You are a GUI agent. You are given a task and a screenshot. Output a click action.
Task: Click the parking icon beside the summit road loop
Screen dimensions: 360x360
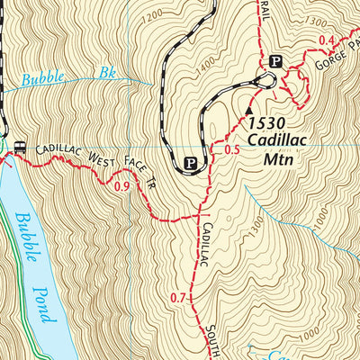pyautogui.click(x=276, y=61)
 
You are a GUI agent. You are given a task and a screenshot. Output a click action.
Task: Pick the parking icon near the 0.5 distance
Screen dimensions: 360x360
pyautogui.click(x=190, y=163)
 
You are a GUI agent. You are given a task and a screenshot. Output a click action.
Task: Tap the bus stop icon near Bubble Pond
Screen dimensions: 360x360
pyautogui.click(x=20, y=144)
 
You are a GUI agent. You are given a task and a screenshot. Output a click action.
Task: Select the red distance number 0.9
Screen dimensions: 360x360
pyautogui.click(x=123, y=187)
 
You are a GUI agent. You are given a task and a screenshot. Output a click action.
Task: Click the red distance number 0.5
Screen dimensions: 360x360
pyautogui.click(x=230, y=149)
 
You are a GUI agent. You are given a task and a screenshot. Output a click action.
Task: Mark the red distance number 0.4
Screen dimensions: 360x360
pyautogui.click(x=326, y=40)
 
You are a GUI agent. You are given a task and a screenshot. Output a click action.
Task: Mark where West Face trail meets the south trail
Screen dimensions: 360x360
pyautogui.click(x=198, y=217)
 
